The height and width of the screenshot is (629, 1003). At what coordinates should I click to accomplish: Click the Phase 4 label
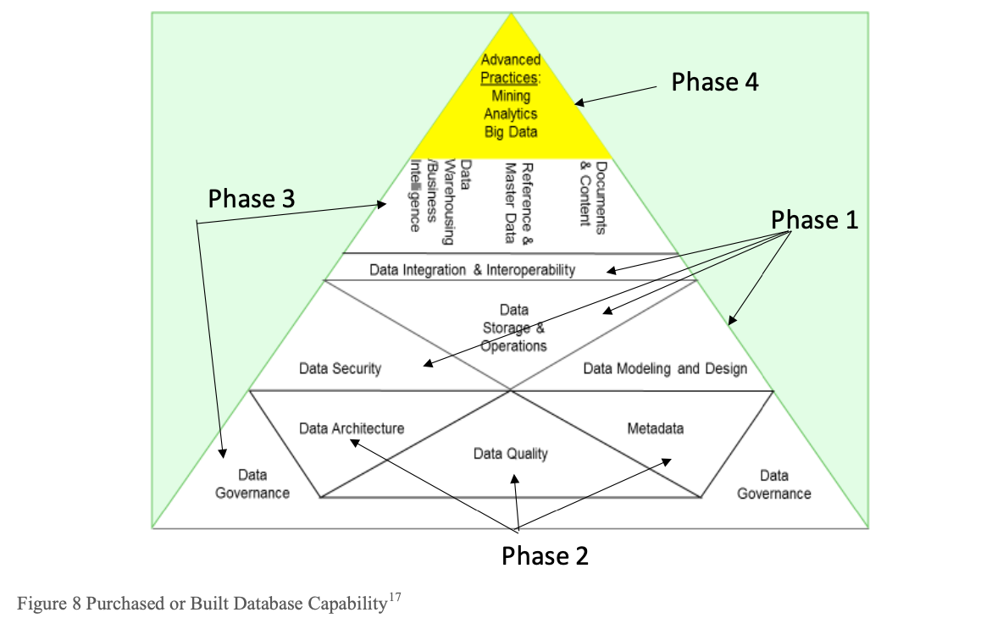(x=714, y=82)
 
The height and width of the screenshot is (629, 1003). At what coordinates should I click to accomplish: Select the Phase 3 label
(x=252, y=199)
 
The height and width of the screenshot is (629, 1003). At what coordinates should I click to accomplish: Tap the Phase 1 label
(x=814, y=220)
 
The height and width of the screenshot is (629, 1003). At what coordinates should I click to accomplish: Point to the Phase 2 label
(x=545, y=556)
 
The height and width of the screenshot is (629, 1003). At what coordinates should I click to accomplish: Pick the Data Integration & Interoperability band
(x=472, y=270)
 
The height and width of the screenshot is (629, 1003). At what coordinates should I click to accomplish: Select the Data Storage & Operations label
(x=513, y=328)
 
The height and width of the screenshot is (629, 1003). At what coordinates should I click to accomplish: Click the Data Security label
(x=340, y=368)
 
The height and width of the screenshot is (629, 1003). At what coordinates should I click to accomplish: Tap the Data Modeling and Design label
(x=665, y=368)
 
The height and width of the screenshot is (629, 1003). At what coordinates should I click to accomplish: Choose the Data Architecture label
(x=352, y=428)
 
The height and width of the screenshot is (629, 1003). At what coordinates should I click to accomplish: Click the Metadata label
(x=655, y=428)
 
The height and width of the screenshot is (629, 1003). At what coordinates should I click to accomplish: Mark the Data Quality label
(x=510, y=454)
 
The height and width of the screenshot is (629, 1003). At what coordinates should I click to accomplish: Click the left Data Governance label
(x=252, y=484)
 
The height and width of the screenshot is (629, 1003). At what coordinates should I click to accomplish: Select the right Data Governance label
(x=773, y=484)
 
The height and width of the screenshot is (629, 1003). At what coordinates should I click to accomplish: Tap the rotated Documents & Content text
(x=593, y=194)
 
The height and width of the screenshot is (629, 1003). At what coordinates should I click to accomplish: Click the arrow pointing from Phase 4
(x=618, y=95)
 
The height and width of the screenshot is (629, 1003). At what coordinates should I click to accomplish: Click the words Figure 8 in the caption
(x=44, y=604)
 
